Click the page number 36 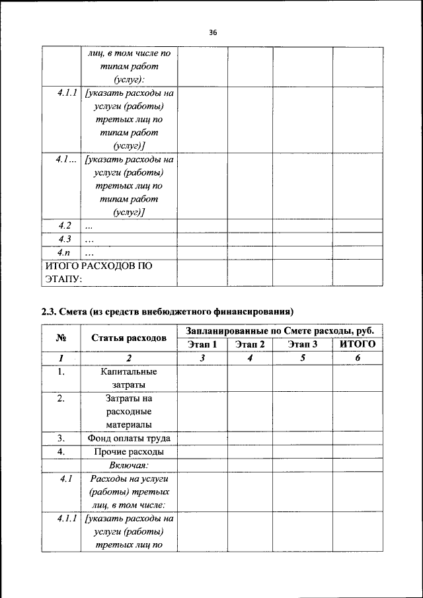(x=212, y=31)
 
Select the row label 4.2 (x=64, y=226)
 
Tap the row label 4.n (x=63, y=252)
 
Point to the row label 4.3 (x=64, y=239)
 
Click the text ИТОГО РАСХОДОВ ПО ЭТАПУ (x=98, y=272)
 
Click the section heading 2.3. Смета (x=167, y=311)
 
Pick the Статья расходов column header (x=129, y=338)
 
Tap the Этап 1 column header (x=202, y=344)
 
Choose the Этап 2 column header (x=250, y=344)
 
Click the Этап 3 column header (x=303, y=344)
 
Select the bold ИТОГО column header (x=357, y=344)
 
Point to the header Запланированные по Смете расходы (x=280, y=330)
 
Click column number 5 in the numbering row (x=303, y=358)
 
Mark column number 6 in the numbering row (x=357, y=358)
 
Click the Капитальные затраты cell (x=129, y=378)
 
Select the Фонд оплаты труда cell (x=129, y=438)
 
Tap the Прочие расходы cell (x=129, y=452)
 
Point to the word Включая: (x=129, y=465)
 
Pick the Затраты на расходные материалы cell (x=129, y=412)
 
